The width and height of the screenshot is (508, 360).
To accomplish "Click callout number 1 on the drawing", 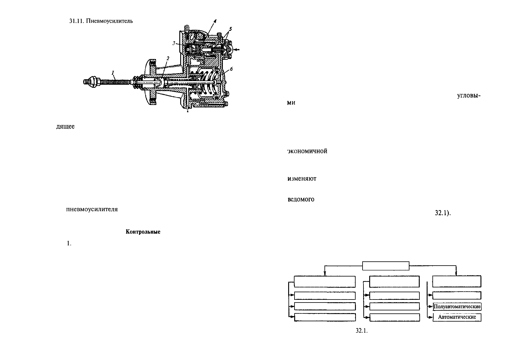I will (x=113, y=72).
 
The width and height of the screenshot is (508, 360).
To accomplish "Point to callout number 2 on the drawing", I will (x=168, y=58).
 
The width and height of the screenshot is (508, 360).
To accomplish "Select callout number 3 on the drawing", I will (x=174, y=44).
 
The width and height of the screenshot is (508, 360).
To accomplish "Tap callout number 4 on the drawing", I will (x=215, y=21).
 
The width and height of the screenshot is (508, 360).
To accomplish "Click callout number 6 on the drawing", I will (x=231, y=69).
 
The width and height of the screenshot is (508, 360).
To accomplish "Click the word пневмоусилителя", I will (x=92, y=209).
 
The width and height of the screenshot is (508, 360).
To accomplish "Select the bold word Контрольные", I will (x=143, y=232).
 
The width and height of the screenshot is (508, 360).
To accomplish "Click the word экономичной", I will (x=307, y=151).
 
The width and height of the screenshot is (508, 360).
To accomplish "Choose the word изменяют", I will (x=302, y=178).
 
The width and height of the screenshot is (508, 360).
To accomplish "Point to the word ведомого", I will (x=301, y=199).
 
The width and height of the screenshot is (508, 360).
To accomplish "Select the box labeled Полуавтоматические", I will (x=457, y=307).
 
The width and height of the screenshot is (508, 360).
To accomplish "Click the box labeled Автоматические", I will (x=457, y=317).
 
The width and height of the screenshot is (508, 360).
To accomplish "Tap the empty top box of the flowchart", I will (x=386, y=266).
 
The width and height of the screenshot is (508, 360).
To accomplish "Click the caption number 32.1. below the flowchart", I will (x=361, y=331).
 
